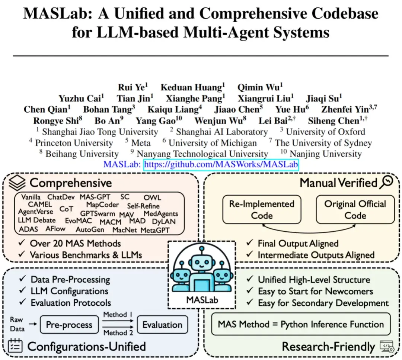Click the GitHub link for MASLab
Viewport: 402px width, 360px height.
tap(221, 165)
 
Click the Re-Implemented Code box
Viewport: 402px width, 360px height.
tap(262, 210)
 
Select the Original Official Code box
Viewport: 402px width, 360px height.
tap(355, 210)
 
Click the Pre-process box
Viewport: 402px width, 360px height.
tap(69, 325)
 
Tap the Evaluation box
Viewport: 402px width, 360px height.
tap(162, 325)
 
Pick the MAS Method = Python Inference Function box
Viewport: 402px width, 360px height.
tap(301, 324)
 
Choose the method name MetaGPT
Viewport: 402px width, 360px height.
tap(155, 230)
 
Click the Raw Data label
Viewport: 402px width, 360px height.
tap(17, 324)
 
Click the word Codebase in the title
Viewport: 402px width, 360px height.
tap(337, 14)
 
